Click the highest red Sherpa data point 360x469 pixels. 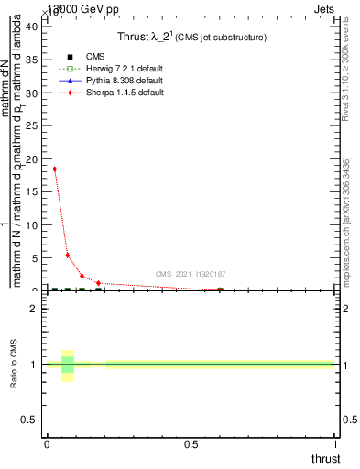coord(54,169)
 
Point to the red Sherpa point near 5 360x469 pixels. coord(67,256)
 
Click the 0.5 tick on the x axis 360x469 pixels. coord(191,443)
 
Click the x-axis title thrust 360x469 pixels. coord(324,458)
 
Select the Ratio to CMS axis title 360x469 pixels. coord(16,364)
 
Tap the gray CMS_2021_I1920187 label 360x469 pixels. coord(191,274)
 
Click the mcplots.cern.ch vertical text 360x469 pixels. coord(345,219)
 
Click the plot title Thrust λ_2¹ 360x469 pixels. coord(191,37)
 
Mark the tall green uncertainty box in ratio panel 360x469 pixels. coord(67,365)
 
